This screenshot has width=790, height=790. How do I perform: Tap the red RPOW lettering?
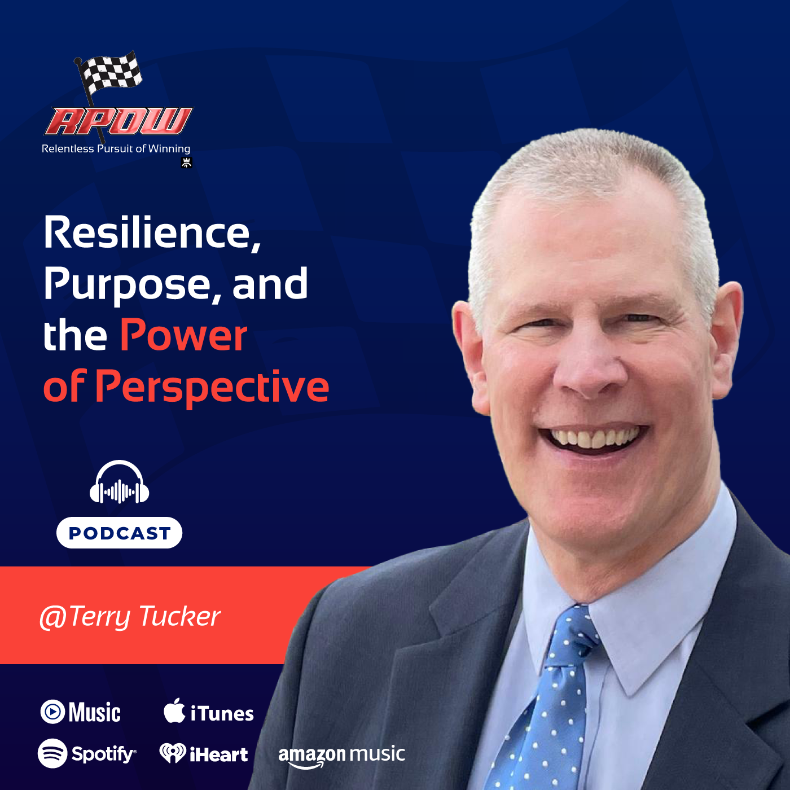click(x=118, y=121)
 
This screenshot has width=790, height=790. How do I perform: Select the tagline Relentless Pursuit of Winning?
click(x=116, y=149)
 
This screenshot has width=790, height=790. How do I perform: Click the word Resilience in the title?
click(x=152, y=232)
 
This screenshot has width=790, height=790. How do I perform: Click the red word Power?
click(x=184, y=336)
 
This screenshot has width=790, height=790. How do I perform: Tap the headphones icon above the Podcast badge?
click(x=119, y=484)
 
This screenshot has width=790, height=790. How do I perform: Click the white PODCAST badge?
click(x=119, y=533)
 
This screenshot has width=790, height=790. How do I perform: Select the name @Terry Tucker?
click(x=130, y=616)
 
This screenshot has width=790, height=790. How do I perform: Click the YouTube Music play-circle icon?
click(x=53, y=712)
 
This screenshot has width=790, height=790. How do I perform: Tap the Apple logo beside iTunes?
click(x=174, y=711)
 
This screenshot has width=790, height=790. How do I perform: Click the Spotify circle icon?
click(x=52, y=753)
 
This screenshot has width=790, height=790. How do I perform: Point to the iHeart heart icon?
click(x=172, y=753)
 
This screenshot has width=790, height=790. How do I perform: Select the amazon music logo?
click(x=341, y=755)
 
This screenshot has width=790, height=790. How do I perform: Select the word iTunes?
click(x=222, y=713)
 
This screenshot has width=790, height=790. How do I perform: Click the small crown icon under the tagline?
click(x=187, y=163)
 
